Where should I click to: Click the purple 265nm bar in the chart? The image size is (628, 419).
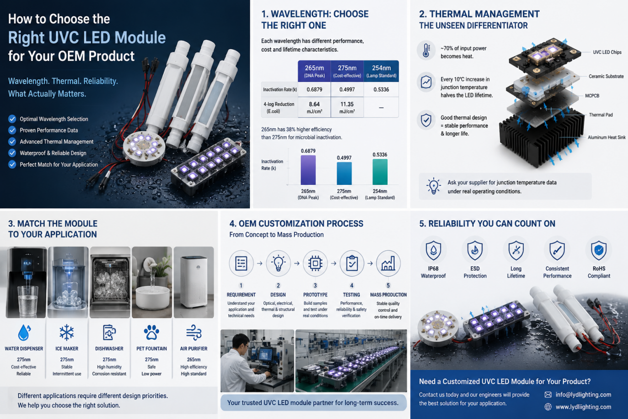tap(308, 170)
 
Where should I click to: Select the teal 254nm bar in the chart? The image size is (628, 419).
tap(380, 172)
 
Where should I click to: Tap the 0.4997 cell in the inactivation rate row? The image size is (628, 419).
tap(347, 89)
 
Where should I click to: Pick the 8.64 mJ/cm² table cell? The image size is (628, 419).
tap(314, 108)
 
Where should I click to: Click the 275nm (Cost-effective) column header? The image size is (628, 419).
tap(347, 71)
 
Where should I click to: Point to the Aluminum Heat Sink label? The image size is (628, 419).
tap(606, 137)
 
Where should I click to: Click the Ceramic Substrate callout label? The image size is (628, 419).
tap(606, 76)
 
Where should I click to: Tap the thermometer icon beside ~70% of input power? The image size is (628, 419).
tap(426, 51)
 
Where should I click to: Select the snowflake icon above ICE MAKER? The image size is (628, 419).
tap(66, 332)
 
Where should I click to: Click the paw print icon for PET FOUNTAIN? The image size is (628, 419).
tap(151, 332)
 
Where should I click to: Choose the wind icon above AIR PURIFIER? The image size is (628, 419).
tap(194, 333)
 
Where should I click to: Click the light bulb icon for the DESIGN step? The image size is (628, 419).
tap(278, 263)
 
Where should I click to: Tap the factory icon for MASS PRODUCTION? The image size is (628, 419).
tap(388, 263)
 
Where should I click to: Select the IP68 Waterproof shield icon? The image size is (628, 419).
tap(433, 250)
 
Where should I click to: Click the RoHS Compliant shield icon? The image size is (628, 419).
tap(599, 250)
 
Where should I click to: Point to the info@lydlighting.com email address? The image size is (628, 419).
tap(583, 395)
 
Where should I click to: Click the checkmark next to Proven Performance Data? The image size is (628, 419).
tap(12, 130)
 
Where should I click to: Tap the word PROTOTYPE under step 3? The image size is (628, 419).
tap(315, 295)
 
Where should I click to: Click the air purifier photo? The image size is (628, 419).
tap(194, 282)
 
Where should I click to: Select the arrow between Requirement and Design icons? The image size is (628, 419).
tap(260, 263)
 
